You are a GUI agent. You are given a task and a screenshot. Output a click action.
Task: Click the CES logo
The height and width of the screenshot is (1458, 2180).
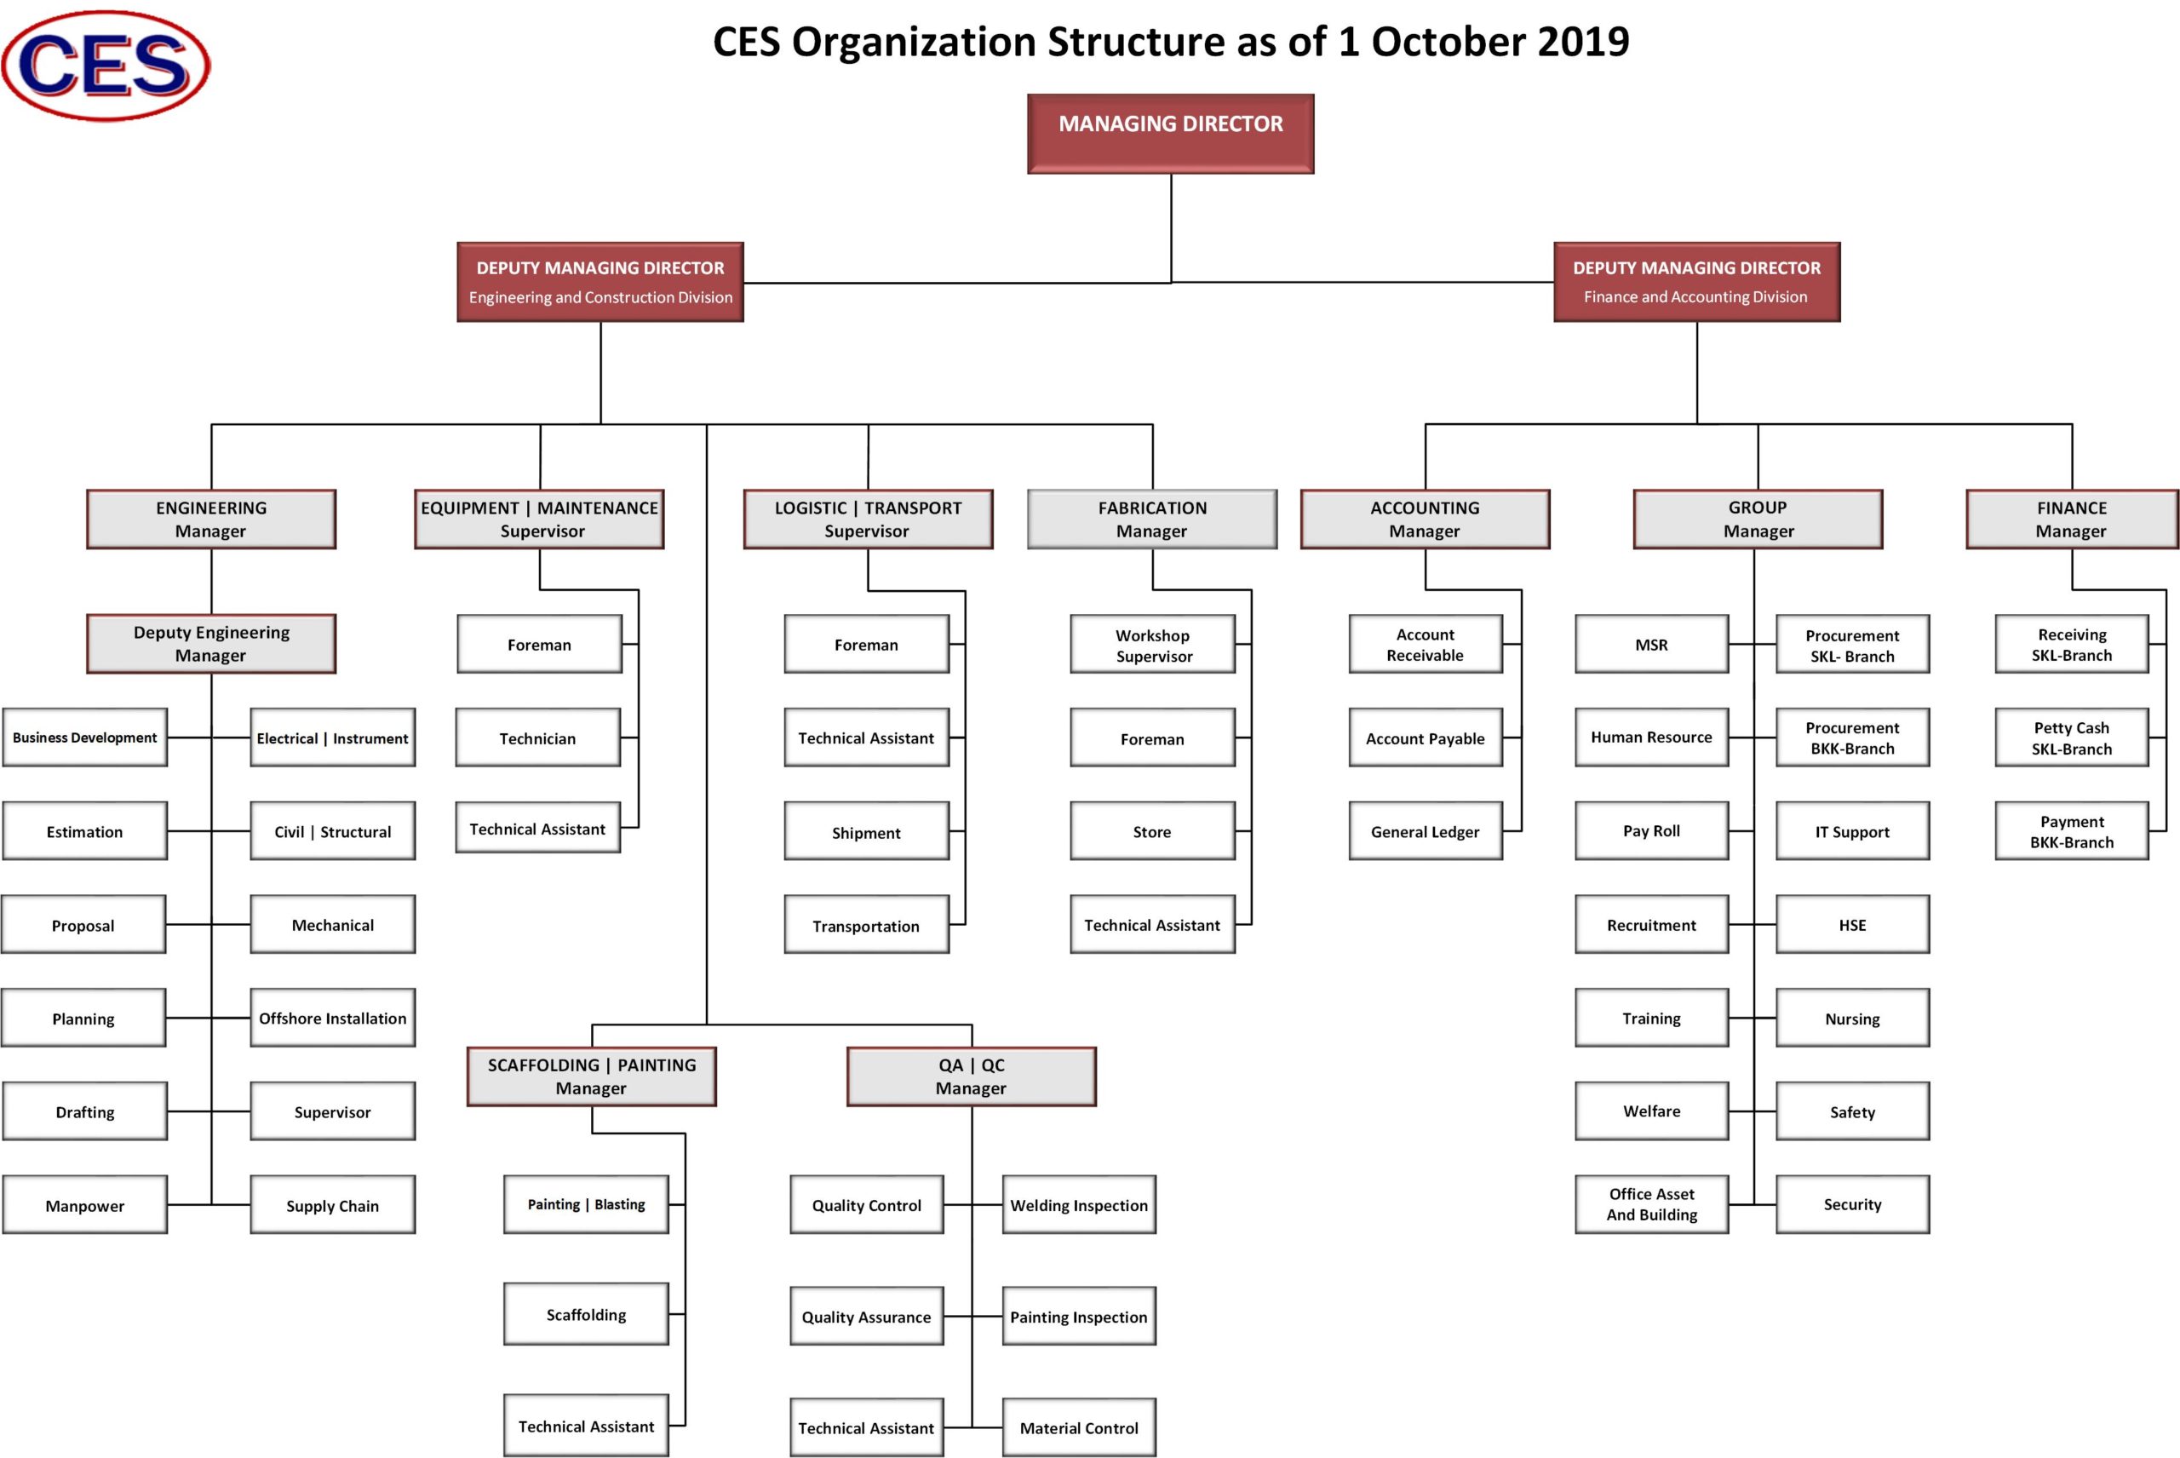105,65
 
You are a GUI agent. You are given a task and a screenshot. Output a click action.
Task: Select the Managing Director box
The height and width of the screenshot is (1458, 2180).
1169,133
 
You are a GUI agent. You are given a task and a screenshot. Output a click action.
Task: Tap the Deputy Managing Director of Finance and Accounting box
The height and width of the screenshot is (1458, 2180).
1695,282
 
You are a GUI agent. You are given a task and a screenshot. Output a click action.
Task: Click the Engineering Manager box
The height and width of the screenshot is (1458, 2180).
211,519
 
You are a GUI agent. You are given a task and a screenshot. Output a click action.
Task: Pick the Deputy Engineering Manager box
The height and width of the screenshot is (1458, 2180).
211,644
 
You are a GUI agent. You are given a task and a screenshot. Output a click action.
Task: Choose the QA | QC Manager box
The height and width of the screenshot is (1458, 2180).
971,1076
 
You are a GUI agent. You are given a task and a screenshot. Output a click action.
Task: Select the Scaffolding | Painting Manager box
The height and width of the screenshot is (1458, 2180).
591,1076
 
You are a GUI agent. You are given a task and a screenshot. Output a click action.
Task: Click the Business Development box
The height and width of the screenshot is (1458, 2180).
84,738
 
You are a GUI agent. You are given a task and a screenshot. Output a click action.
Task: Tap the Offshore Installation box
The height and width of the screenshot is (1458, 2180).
332,1019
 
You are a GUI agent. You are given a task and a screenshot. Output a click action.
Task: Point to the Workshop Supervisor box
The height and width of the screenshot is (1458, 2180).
1152,645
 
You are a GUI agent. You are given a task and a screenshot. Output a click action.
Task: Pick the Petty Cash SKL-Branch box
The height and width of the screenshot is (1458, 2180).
2070,738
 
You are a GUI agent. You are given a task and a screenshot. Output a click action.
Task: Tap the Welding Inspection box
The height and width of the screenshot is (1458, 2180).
1078,1205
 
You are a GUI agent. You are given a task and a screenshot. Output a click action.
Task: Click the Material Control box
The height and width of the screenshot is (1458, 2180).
1078,1427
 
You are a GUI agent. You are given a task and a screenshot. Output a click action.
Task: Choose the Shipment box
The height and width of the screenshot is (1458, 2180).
865,831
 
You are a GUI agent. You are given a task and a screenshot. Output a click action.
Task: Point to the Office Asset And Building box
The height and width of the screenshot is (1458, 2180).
1651,1204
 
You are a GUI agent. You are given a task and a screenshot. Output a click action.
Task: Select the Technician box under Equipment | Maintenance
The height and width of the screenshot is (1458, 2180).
537,738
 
